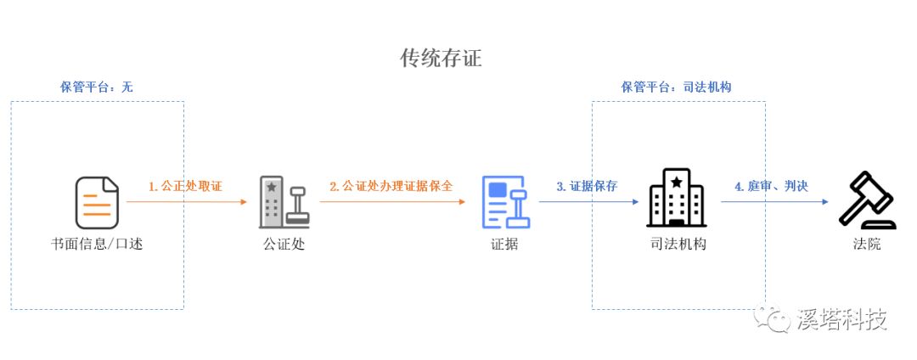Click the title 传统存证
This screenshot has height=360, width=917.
coord(441,59)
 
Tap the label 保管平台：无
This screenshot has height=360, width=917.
coord(97,87)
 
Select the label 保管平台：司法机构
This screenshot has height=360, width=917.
coord(676,87)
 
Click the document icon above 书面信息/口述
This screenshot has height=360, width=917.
coord(97,203)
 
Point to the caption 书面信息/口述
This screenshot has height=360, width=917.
coord(97,244)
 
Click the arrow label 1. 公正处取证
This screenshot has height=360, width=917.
coord(185,187)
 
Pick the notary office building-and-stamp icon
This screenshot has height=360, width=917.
coord(284,202)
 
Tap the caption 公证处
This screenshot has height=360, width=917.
coord(284,244)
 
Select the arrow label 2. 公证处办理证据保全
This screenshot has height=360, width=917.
coord(391,187)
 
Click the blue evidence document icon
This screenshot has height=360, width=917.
coord(506,202)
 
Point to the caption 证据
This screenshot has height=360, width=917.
coord(504,244)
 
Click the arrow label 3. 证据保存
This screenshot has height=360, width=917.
coord(587,187)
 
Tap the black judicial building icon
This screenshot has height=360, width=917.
coord(676,198)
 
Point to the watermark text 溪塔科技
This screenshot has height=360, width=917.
coord(841,319)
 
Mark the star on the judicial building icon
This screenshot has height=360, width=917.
coord(677,183)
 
